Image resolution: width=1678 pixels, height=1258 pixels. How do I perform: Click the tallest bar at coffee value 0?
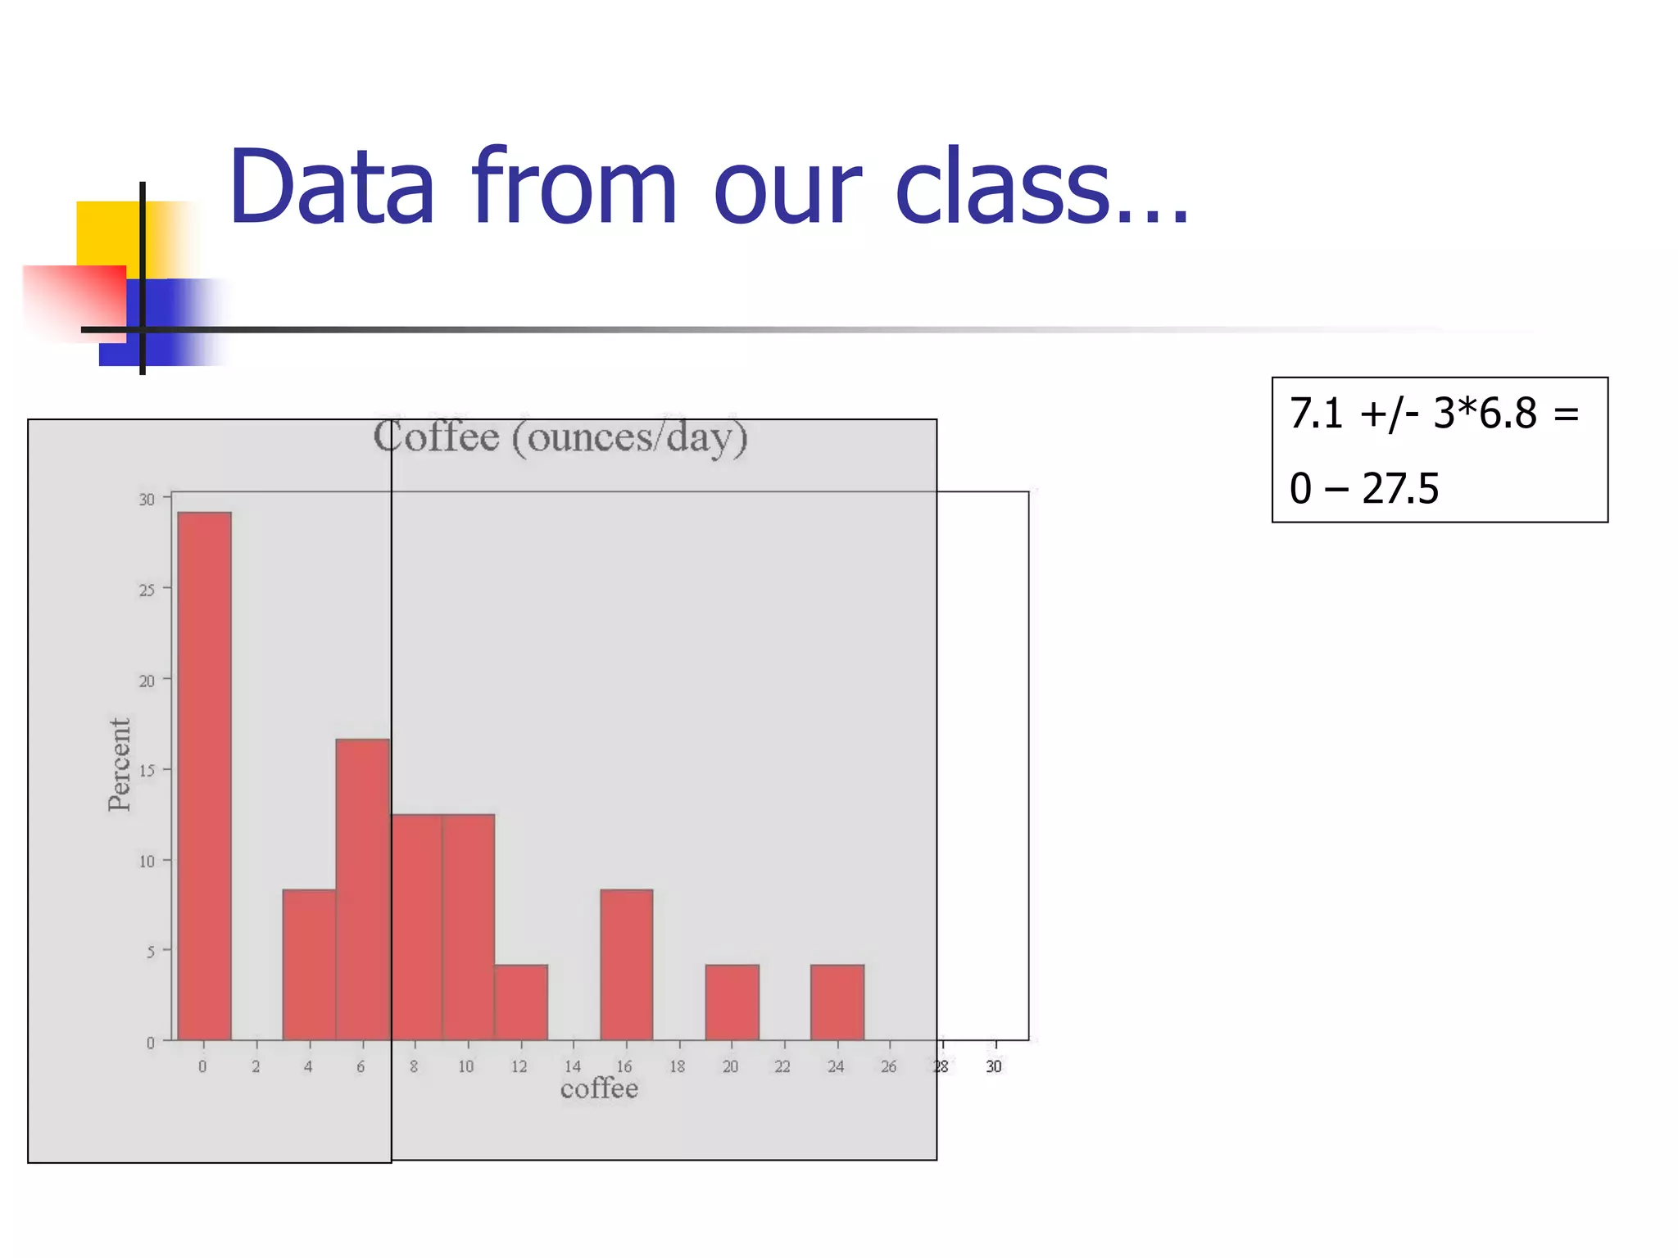pos(204,776)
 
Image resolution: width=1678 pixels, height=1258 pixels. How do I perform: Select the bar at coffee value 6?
pos(362,889)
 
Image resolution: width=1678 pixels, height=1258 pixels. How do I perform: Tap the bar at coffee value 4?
pos(309,965)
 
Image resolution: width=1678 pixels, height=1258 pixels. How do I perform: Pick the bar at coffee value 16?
pos(627,965)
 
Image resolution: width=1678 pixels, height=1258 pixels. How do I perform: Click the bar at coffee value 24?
pos(837,1002)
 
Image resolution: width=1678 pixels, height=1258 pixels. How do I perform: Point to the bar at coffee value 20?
pos(732,1002)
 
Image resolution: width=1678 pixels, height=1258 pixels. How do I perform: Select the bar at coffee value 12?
pos(521,1002)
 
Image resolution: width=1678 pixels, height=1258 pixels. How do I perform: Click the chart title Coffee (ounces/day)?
pos(560,437)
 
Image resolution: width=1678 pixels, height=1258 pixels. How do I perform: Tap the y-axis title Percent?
pos(120,764)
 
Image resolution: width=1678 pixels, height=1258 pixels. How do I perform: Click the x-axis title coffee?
pos(599,1088)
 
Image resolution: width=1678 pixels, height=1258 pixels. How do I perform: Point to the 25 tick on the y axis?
pos(147,590)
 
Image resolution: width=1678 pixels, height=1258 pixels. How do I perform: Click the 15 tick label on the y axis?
pos(147,771)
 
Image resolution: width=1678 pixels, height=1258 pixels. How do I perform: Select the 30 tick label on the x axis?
pos(994,1066)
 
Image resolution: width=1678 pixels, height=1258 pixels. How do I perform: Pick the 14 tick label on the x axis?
pos(573,1066)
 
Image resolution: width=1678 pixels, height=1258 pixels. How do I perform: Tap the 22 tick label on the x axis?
pos(782,1066)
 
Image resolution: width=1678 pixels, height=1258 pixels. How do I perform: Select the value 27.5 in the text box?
pos(1399,489)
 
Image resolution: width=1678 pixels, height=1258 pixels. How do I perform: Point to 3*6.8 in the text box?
pos(1485,413)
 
